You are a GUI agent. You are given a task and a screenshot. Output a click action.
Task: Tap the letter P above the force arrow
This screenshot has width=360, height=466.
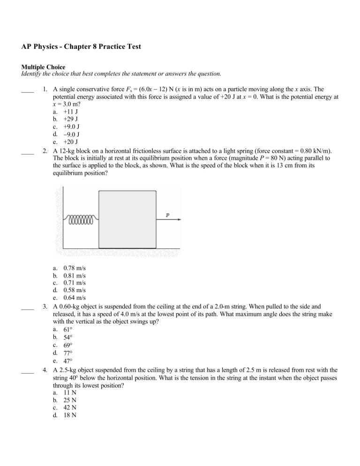pos(167,215)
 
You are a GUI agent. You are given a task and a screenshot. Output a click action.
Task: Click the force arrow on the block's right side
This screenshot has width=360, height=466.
pos(169,219)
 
